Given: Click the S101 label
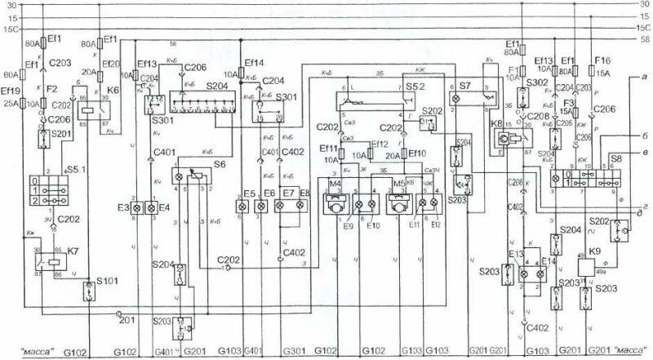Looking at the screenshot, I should tap(109, 282).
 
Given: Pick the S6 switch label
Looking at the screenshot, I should tap(220, 162).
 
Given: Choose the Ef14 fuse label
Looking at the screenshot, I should tap(255, 61).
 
